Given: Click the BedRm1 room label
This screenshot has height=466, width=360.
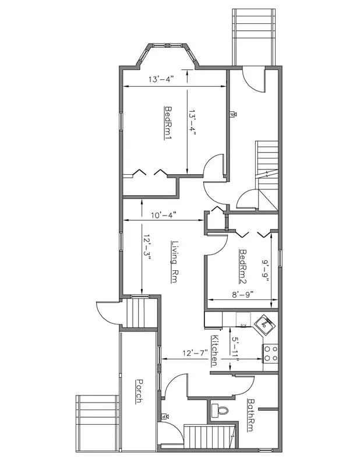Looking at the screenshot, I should [x=168, y=123].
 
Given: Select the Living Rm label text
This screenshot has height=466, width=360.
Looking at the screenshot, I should [x=174, y=262].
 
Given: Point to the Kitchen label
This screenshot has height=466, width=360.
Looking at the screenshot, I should [x=214, y=350].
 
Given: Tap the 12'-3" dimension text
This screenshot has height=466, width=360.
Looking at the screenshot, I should [x=148, y=251].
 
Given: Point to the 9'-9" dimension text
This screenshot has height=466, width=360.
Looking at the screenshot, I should [x=265, y=271].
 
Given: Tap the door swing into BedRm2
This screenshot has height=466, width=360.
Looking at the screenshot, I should [x=216, y=245].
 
